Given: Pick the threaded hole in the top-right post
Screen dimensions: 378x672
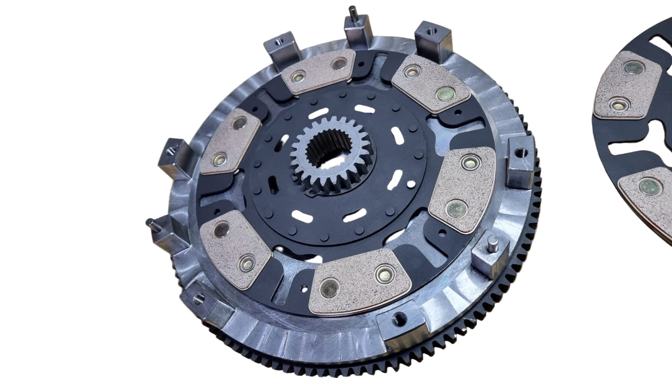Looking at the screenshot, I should [x=431, y=31].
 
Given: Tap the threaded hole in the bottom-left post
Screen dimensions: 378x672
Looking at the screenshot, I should [x=200, y=299].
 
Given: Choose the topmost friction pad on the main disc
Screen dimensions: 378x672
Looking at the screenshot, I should [x=318, y=71].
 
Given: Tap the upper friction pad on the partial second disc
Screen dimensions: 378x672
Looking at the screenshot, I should [x=626, y=86].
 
